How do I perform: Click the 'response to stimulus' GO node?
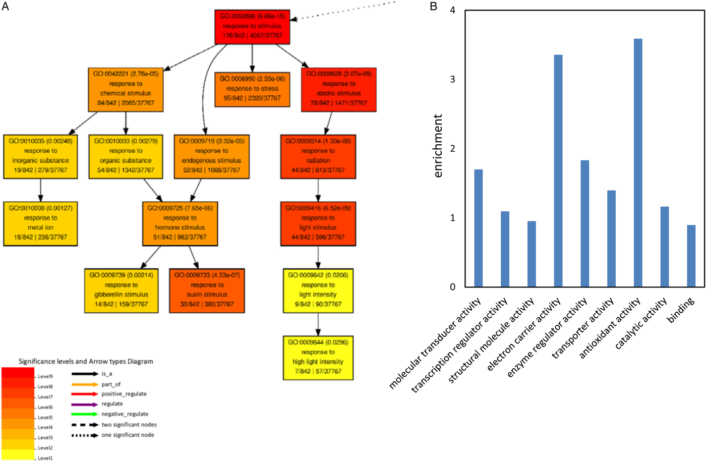pyautogui.click(x=252, y=26)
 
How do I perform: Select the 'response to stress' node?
pyautogui.click(x=252, y=89)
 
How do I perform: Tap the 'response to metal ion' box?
pyautogui.click(x=40, y=223)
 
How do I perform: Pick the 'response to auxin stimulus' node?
pyautogui.click(x=207, y=290)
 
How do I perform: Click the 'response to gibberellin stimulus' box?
pyautogui.click(x=121, y=290)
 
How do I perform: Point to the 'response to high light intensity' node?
pyautogui.click(x=318, y=357)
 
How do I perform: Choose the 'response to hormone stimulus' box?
pyautogui.click(x=180, y=223)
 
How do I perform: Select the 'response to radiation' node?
pyautogui.click(x=318, y=156)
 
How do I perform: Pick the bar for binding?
pyautogui.click(x=691, y=256)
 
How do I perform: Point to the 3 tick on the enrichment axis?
pyautogui.click(x=452, y=80)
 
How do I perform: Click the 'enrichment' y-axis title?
pyautogui.click(x=438, y=146)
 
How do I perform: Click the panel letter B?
pyautogui.click(x=433, y=7)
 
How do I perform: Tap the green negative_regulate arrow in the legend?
pyautogui.click(x=85, y=414)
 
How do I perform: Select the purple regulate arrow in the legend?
pyautogui.click(x=85, y=404)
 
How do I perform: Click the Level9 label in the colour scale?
pyautogui.click(x=45, y=376)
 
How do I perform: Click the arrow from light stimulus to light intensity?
pyautogui.click(x=318, y=257)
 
